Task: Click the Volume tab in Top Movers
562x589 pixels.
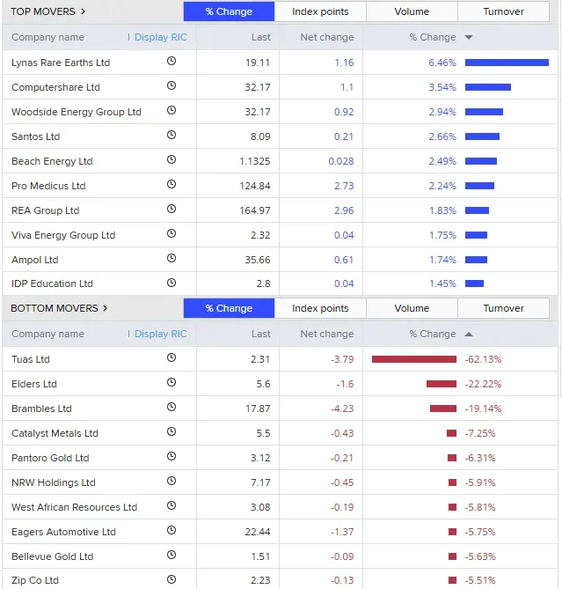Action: tap(412, 11)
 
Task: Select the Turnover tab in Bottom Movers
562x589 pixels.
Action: tap(503, 308)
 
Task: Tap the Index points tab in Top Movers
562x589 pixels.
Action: tap(320, 11)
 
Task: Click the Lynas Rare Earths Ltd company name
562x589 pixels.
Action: tap(61, 63)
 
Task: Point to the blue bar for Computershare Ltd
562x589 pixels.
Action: tap(488, 87)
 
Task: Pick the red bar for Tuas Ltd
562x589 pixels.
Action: tap(414, 359)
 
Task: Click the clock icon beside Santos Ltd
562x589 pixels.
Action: tap(172, 135)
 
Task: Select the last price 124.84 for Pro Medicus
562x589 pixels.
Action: tap(255, 186)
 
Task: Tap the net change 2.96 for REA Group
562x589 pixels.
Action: tap(344, 210)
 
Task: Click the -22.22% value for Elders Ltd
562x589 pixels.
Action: tap(483, 384)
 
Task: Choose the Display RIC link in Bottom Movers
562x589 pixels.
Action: tap(161, 334)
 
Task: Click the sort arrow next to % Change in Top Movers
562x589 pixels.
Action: tap(469, 37)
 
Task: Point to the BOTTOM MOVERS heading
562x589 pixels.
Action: tap(55, 308)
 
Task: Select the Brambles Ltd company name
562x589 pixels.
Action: tap(41, 409)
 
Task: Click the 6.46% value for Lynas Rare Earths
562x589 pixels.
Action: tap(442, 63)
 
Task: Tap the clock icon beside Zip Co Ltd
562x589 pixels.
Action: tap(172, 579)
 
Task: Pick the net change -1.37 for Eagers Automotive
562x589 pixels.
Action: tap(342, 532)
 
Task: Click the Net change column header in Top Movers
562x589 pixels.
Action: tap(327, 37)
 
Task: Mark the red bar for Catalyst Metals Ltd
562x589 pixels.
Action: tap(452, 433)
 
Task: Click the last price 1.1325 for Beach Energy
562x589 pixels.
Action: tap(255, 161)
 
